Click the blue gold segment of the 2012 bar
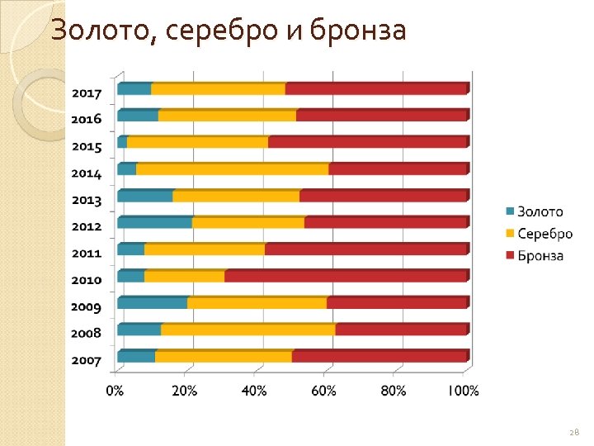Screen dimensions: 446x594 click(x=154, y=222)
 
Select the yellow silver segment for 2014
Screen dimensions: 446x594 click(x=232, y=169)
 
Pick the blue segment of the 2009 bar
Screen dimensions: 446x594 click(x=152, y=302)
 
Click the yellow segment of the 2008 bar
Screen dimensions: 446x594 click(x=247, y=330)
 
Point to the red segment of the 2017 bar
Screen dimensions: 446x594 click(x=375, y=88)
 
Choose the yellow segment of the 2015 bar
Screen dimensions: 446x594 click(x=197, y=142)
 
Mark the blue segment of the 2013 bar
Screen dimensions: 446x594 click(x=145, y=196)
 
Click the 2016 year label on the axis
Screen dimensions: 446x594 click(x=86, y=119)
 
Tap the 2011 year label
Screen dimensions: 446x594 click(x=86, y=254)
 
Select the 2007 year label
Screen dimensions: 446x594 click(x=86, y=361)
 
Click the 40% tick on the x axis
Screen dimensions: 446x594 click(x=253, y=391)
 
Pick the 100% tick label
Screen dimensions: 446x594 click(x=463, y=391)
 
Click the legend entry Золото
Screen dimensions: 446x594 click(x=540, y=212)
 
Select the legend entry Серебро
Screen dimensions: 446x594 click(x=544, y=234)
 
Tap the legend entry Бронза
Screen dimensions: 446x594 click(x=540, y=256)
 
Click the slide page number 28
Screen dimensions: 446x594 click(x=574, y=432)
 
